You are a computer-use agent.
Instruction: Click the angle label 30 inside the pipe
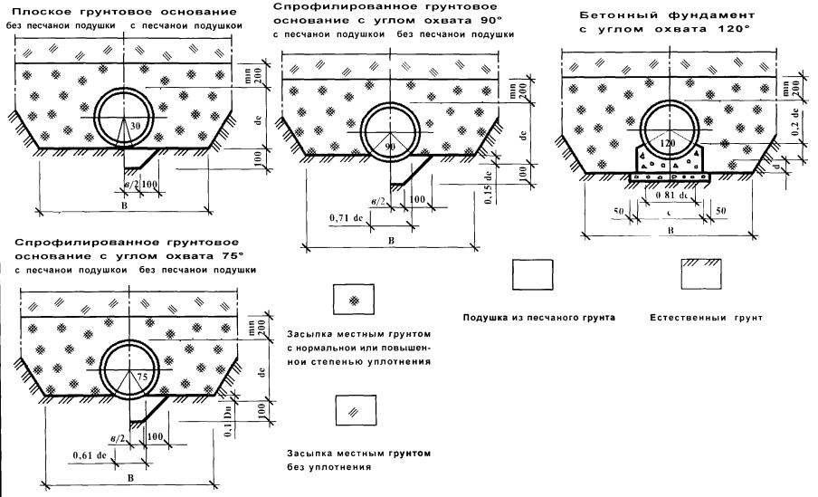point(133,126)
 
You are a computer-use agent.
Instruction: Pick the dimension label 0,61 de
point(90,455)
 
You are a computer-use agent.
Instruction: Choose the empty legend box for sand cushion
point(531,273)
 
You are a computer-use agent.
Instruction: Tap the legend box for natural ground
point(699,273)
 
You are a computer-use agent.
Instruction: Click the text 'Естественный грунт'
point(706,319)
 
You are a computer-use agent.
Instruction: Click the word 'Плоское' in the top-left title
point(35,12)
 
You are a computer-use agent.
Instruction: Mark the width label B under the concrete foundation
point(670,231)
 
